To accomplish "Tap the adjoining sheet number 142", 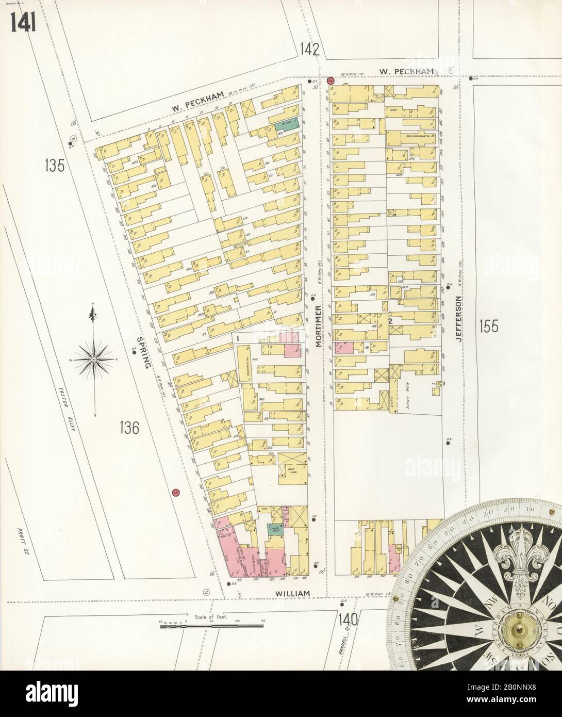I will pyautogui.click(x=309, y=50).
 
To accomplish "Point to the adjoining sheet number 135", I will pyautogui.click(x=54, y=167).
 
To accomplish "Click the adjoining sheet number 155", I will pyautogui.click(x=489, y=326).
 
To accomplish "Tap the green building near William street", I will pyautogui.click(x=273, y=529).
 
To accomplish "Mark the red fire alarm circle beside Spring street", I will pyautogui.click(x=175, y=492).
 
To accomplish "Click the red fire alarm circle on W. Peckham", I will pyautogui.click(x=330, y=80).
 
